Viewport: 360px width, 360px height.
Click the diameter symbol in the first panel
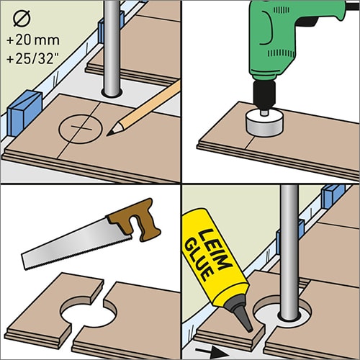pos(22,19)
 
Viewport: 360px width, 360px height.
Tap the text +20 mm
pos(33,40)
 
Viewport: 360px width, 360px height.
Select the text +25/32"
pos(33,59)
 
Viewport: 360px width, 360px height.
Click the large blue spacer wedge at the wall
pos(24,112)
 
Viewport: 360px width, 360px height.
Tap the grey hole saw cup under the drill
pos(264,122)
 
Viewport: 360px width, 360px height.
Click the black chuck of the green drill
pos(264,95)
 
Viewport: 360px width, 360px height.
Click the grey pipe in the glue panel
pos(289,252)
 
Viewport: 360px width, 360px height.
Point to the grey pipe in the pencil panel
pos(112,48)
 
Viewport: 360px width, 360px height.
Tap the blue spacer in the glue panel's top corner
pos(333,196)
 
